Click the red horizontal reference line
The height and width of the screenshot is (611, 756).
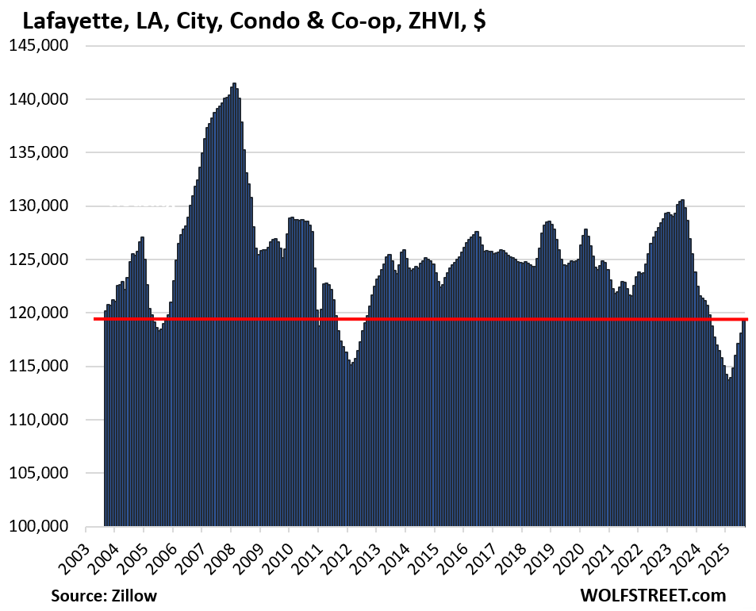click(397, 319)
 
